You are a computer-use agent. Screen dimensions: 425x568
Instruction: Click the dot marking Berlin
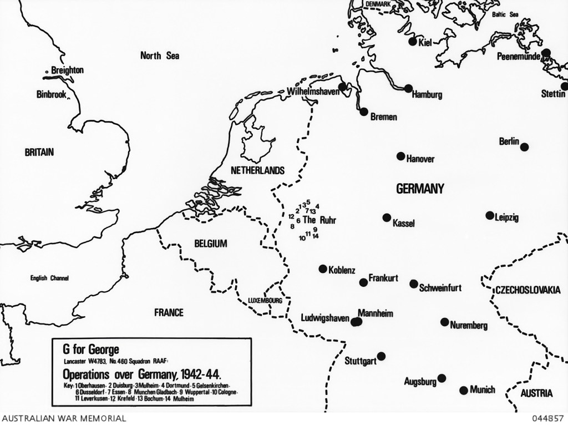pos(524,147)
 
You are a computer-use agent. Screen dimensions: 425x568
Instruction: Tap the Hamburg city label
pos(427,95)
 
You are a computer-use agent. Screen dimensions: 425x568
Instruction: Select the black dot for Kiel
pos(412,41)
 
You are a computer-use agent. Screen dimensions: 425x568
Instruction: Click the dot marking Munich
pos(464,390)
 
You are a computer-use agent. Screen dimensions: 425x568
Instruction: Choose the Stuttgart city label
pos(360,361)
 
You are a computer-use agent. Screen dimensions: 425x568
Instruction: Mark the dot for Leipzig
pos(490,215)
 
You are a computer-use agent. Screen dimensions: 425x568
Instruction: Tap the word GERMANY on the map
pos(420,189)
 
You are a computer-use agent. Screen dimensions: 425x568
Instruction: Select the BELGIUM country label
pos(211,244)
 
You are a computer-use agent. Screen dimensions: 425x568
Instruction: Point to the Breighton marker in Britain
pos(47,72)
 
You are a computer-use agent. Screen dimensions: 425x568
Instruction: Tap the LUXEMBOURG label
pos(266,300)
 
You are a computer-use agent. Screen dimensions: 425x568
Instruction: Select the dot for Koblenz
pos(322,269)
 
